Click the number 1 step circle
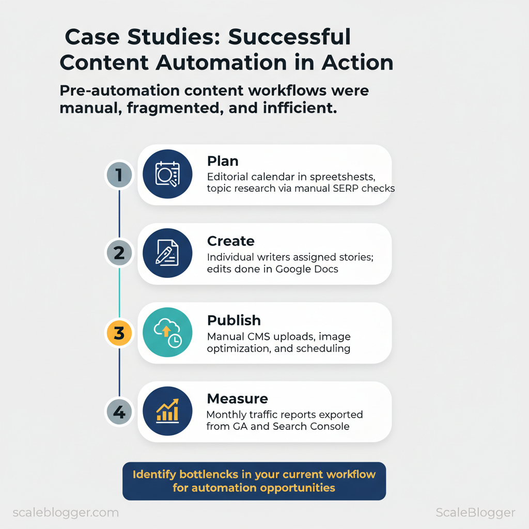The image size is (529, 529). click(119, 175)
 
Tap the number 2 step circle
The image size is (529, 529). click(119, 254)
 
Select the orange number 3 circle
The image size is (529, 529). click(119, 333)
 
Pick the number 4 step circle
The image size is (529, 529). click(119, 412)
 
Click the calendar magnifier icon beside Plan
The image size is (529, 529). click(167, 175)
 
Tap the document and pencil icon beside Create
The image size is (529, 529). click(167, 254)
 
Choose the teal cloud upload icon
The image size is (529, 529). click(167, 333)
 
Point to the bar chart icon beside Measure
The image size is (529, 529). click(167, 412)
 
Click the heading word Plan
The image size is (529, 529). click(223, 161)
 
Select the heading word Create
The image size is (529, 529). click(230, 241)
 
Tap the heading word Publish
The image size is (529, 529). click(234, 320)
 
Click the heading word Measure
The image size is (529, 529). click(237, 399)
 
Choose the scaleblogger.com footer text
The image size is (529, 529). click(65, 512)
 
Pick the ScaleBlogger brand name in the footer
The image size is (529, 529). click(475, 512)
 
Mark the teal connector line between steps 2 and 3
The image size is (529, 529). click(119, 293)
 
